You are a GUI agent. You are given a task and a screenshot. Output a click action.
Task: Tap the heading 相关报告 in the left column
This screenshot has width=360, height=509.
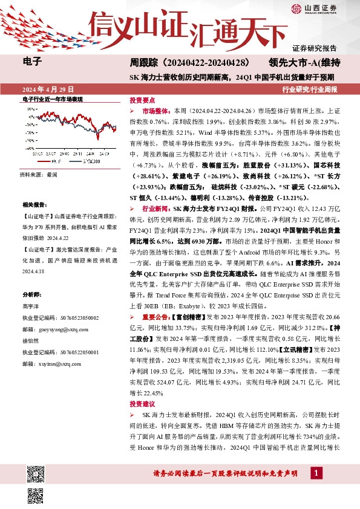tap(33, 206)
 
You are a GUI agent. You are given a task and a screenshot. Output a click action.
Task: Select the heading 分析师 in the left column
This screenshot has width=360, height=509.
tap(31, 294)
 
